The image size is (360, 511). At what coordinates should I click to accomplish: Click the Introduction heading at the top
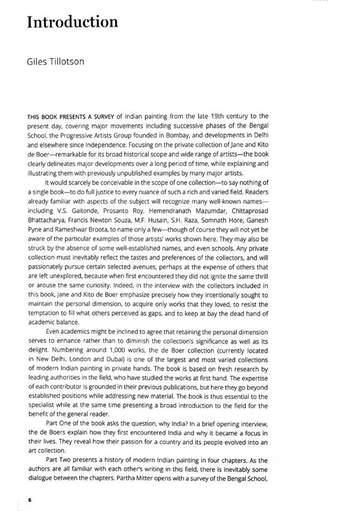click(x=72, y=22)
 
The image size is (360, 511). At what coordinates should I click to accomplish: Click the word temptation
click(x=48, y=314)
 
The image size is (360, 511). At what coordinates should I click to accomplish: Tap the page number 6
click(x=30, y=500)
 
